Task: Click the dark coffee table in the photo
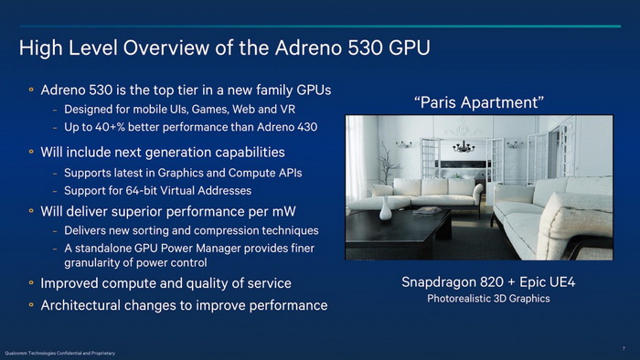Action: tap(402, 233)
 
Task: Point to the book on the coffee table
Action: tap(426, 212)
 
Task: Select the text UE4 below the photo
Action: tap(561, 281)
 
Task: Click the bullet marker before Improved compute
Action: tap(30, 283)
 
